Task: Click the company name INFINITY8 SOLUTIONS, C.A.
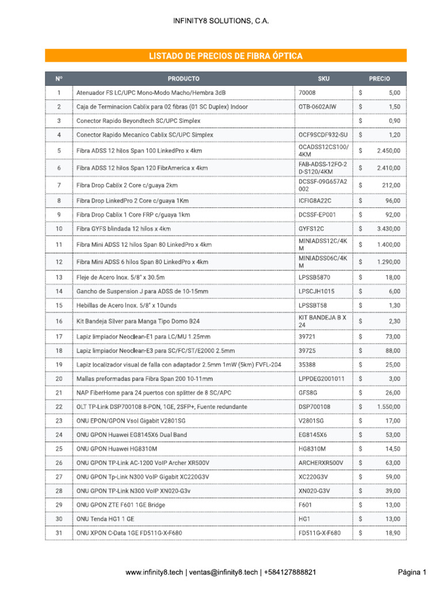(x=221, y=21)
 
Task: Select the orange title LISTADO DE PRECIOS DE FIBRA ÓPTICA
(x=226, y=56)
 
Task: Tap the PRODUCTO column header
(x=184, y=78)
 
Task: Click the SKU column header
(x=323, y=78)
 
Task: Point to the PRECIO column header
(x=379, y=78)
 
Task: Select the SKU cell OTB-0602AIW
(x=317, y=107)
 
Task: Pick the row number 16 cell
(x=59, y=321)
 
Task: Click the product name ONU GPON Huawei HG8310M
(x=117, y=448)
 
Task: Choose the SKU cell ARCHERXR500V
(x=321, y=463)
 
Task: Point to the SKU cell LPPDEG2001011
(x=322, y=379)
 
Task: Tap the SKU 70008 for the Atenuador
(x=307, y=92)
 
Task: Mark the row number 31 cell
(x=59, y=533)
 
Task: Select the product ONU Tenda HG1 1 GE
(x=105, y=519)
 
